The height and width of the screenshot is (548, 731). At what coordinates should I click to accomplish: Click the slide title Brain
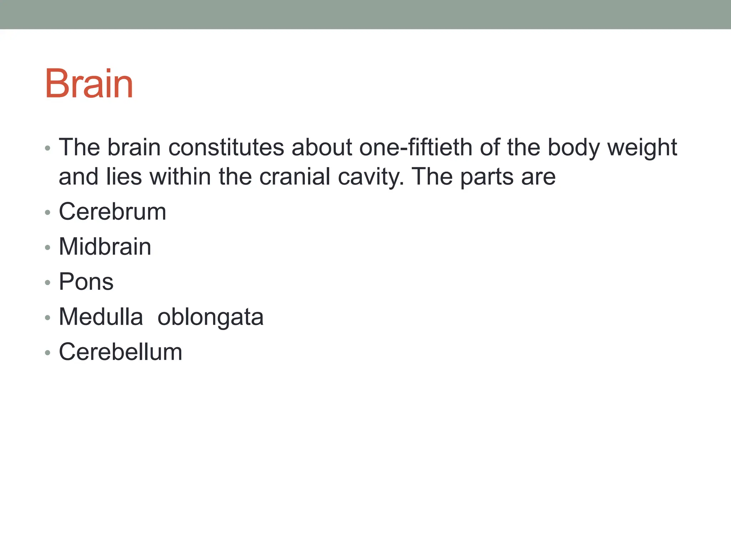(x=89, y=84)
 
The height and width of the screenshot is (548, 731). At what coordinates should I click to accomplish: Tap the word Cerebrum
(x=112, y=212)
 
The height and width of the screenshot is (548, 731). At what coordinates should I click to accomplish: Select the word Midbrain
(x=105, y=247)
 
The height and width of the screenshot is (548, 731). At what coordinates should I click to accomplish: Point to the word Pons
(x=86, y=281)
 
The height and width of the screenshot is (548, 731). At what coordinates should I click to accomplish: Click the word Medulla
(x=101, y=317)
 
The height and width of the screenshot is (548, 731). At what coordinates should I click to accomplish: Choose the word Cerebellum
(x=120, y=352)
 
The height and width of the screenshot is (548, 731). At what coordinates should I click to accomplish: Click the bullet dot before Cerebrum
(x=48, y=213)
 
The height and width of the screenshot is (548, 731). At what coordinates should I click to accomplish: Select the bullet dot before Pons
(x=48, y=283)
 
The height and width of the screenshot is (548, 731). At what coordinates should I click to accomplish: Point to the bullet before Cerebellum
(x=48, y=353)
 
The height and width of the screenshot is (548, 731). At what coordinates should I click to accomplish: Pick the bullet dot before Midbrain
(x=48, y=248)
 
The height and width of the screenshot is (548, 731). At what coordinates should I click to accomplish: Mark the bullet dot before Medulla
(x=48, y=318)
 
